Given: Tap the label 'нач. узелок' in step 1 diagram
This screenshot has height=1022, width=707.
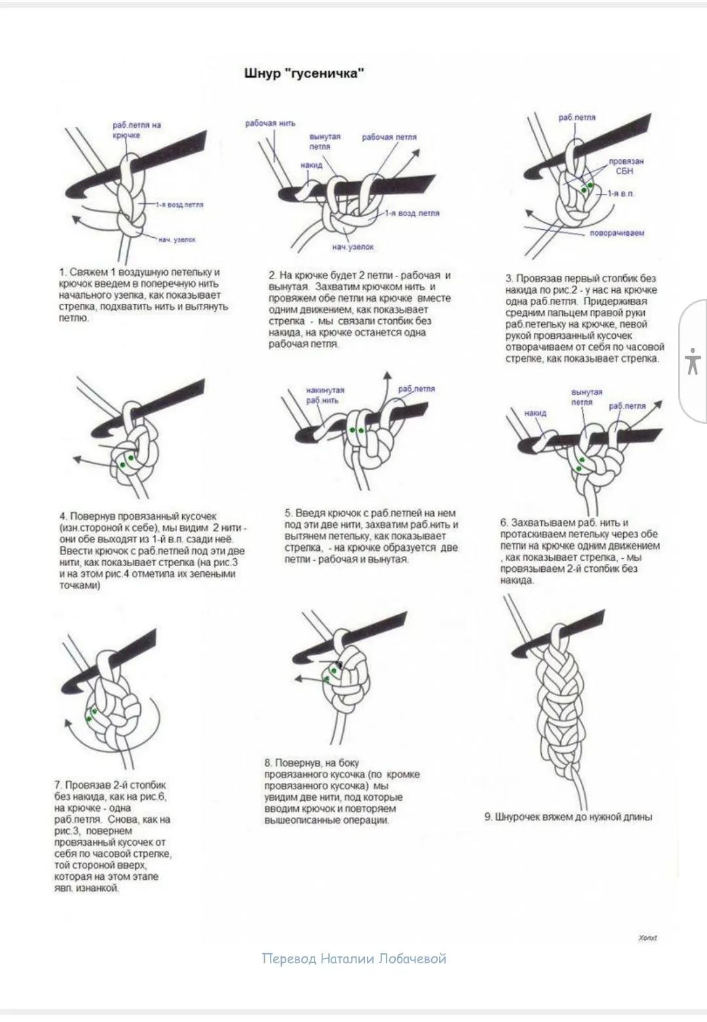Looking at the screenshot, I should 176,240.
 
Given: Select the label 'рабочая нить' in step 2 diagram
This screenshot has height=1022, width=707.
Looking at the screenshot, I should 270,123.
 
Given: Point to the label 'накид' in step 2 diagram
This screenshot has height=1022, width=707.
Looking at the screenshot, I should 311,165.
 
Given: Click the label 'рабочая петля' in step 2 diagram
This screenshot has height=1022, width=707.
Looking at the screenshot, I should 389,138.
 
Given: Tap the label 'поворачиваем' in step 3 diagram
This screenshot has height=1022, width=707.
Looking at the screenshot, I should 617,233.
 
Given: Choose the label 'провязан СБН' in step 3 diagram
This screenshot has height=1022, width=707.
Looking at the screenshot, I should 626,166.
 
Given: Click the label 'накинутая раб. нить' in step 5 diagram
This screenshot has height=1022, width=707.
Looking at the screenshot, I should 325,394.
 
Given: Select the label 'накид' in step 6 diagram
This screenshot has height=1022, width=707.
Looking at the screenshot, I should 535,413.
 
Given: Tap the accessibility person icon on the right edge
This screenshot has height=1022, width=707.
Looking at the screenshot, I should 693,362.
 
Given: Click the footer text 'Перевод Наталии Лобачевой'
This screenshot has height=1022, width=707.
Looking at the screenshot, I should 354,959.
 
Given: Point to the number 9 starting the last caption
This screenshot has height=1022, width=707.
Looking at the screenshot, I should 488,817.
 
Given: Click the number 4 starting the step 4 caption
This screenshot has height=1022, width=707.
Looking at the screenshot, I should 63,516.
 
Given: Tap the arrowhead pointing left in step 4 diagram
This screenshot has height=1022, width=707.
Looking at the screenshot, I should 75,460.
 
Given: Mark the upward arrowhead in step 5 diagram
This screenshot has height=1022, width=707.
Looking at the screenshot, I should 387,375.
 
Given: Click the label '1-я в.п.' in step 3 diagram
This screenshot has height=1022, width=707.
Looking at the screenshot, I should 621,194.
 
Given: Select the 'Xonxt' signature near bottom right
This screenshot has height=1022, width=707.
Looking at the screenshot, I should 647,937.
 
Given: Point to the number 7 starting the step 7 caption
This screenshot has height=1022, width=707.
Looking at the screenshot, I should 58,785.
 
